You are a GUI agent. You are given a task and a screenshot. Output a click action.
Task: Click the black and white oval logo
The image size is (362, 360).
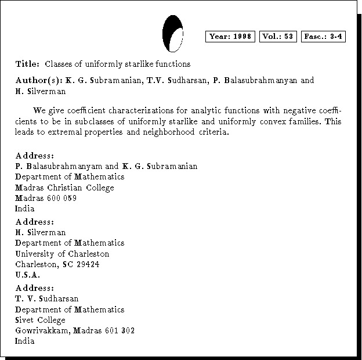pyautogui.click(x=173, y=34)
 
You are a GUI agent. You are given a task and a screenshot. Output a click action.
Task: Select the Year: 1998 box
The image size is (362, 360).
pyautogui.click(x=230, y=37)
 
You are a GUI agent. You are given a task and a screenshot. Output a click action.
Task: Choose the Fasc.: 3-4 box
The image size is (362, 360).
pyautogui.click(x=324, y=37)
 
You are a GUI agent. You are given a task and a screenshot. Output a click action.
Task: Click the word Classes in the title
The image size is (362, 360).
pyautogui.click(x=59, y=63)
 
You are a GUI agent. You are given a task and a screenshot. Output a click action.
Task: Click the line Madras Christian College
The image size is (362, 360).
pyautogui.click(x=64, y=188)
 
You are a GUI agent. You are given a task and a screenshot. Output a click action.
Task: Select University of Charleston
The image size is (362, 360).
pyautogui.click(x=62, y=254)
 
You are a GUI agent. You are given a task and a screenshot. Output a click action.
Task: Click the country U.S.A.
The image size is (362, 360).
pyautogui.click(x=27, y=275)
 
